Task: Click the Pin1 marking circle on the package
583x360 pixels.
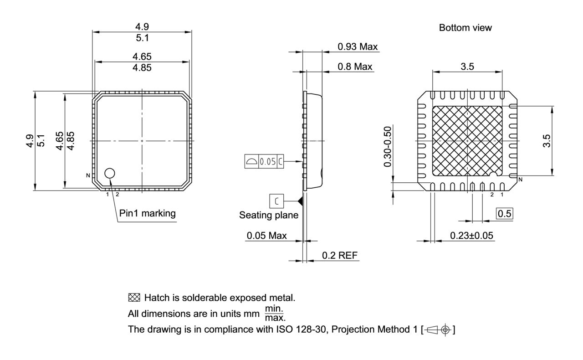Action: (x=110, y=173)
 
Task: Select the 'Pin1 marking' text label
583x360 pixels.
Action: (x=147, y=213)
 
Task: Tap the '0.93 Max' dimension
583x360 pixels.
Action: (x=358, y=46)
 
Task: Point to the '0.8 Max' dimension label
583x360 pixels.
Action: (x=355, y=67)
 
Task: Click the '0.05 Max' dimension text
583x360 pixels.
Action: (x=267, y=236)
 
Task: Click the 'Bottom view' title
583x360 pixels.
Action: (x=465, y=28)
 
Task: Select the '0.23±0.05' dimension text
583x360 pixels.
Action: (x=472, y=236)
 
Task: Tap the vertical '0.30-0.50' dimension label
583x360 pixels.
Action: (x=388, y=147)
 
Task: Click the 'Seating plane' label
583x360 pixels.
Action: (x=269, y=215)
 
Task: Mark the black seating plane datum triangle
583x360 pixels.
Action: (x=300, y=200)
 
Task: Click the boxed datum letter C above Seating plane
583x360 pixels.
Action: (x=276, y=200)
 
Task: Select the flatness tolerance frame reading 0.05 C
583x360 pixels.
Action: (x=264, y=161)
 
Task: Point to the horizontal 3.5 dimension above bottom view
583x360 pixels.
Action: (x=467, y=67)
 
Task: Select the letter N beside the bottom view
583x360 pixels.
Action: (x=520, y=179)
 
